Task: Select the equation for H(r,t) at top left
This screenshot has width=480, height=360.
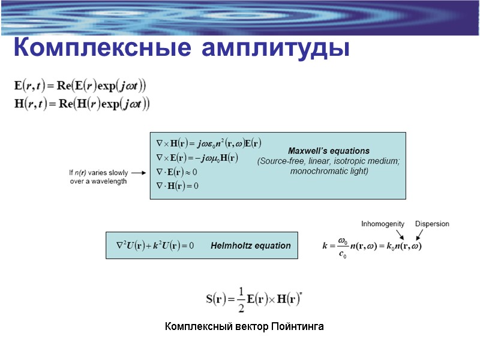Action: click(82, 104)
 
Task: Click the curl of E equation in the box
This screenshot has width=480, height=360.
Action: click(197, 158)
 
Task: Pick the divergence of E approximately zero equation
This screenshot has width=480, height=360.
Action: click(177, 172)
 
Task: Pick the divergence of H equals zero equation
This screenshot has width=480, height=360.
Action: click(178, 186)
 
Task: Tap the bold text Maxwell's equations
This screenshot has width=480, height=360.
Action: click(329, 151)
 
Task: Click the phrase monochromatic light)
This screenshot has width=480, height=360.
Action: click(329, 171)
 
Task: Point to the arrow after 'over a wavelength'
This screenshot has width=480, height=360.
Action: click(137, 173)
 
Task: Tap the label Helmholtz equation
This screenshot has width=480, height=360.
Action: click(250, 245)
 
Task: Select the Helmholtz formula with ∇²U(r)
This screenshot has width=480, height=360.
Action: click(155, 246)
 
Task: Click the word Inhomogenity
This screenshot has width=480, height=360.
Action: click(383, 224)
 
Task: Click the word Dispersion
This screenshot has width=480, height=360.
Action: click(432, 224)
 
